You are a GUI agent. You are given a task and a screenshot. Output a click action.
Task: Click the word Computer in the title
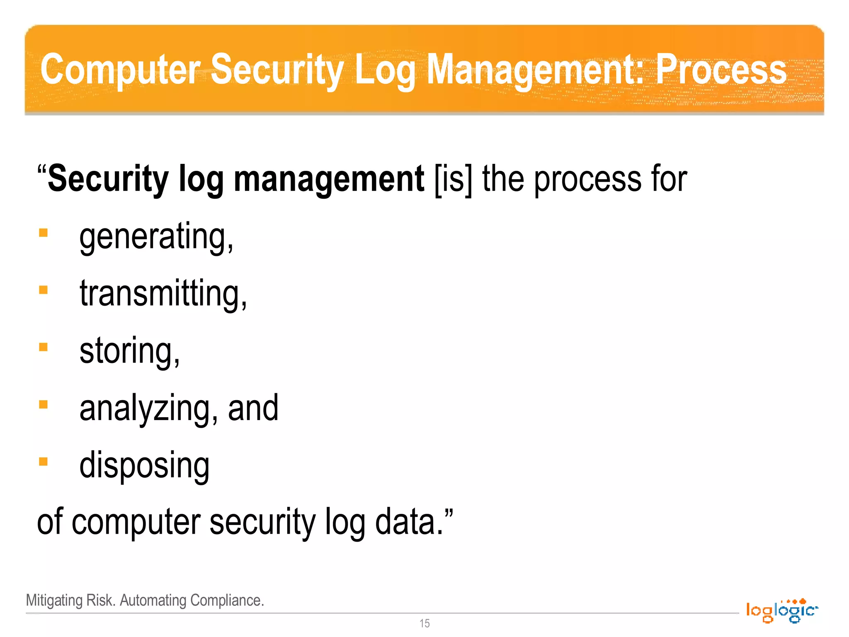click(120, 70)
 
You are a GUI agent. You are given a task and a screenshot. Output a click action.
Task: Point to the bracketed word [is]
click(453, 179)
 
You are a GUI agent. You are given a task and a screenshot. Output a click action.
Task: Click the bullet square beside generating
click(44, 233)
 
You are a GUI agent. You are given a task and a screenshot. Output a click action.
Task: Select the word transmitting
click(163, 294)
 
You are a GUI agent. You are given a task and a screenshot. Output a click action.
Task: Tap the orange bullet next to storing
click(44, 347)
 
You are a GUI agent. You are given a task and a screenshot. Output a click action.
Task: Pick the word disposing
click(144, 465)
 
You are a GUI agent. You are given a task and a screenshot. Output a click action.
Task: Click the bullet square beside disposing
click(44, 462)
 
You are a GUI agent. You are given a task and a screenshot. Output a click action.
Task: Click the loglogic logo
click(782, 610)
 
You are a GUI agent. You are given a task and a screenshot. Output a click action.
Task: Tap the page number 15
click(424, 623)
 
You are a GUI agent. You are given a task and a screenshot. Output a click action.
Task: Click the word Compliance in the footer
click(227, 601)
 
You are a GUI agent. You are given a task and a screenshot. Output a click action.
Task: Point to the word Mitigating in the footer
click(54, 601)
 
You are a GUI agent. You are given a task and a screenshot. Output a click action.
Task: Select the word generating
click(156, 236)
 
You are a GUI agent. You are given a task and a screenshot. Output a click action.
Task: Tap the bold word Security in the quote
click(108, 179)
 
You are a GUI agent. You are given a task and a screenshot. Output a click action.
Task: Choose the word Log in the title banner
click(385, 70)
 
